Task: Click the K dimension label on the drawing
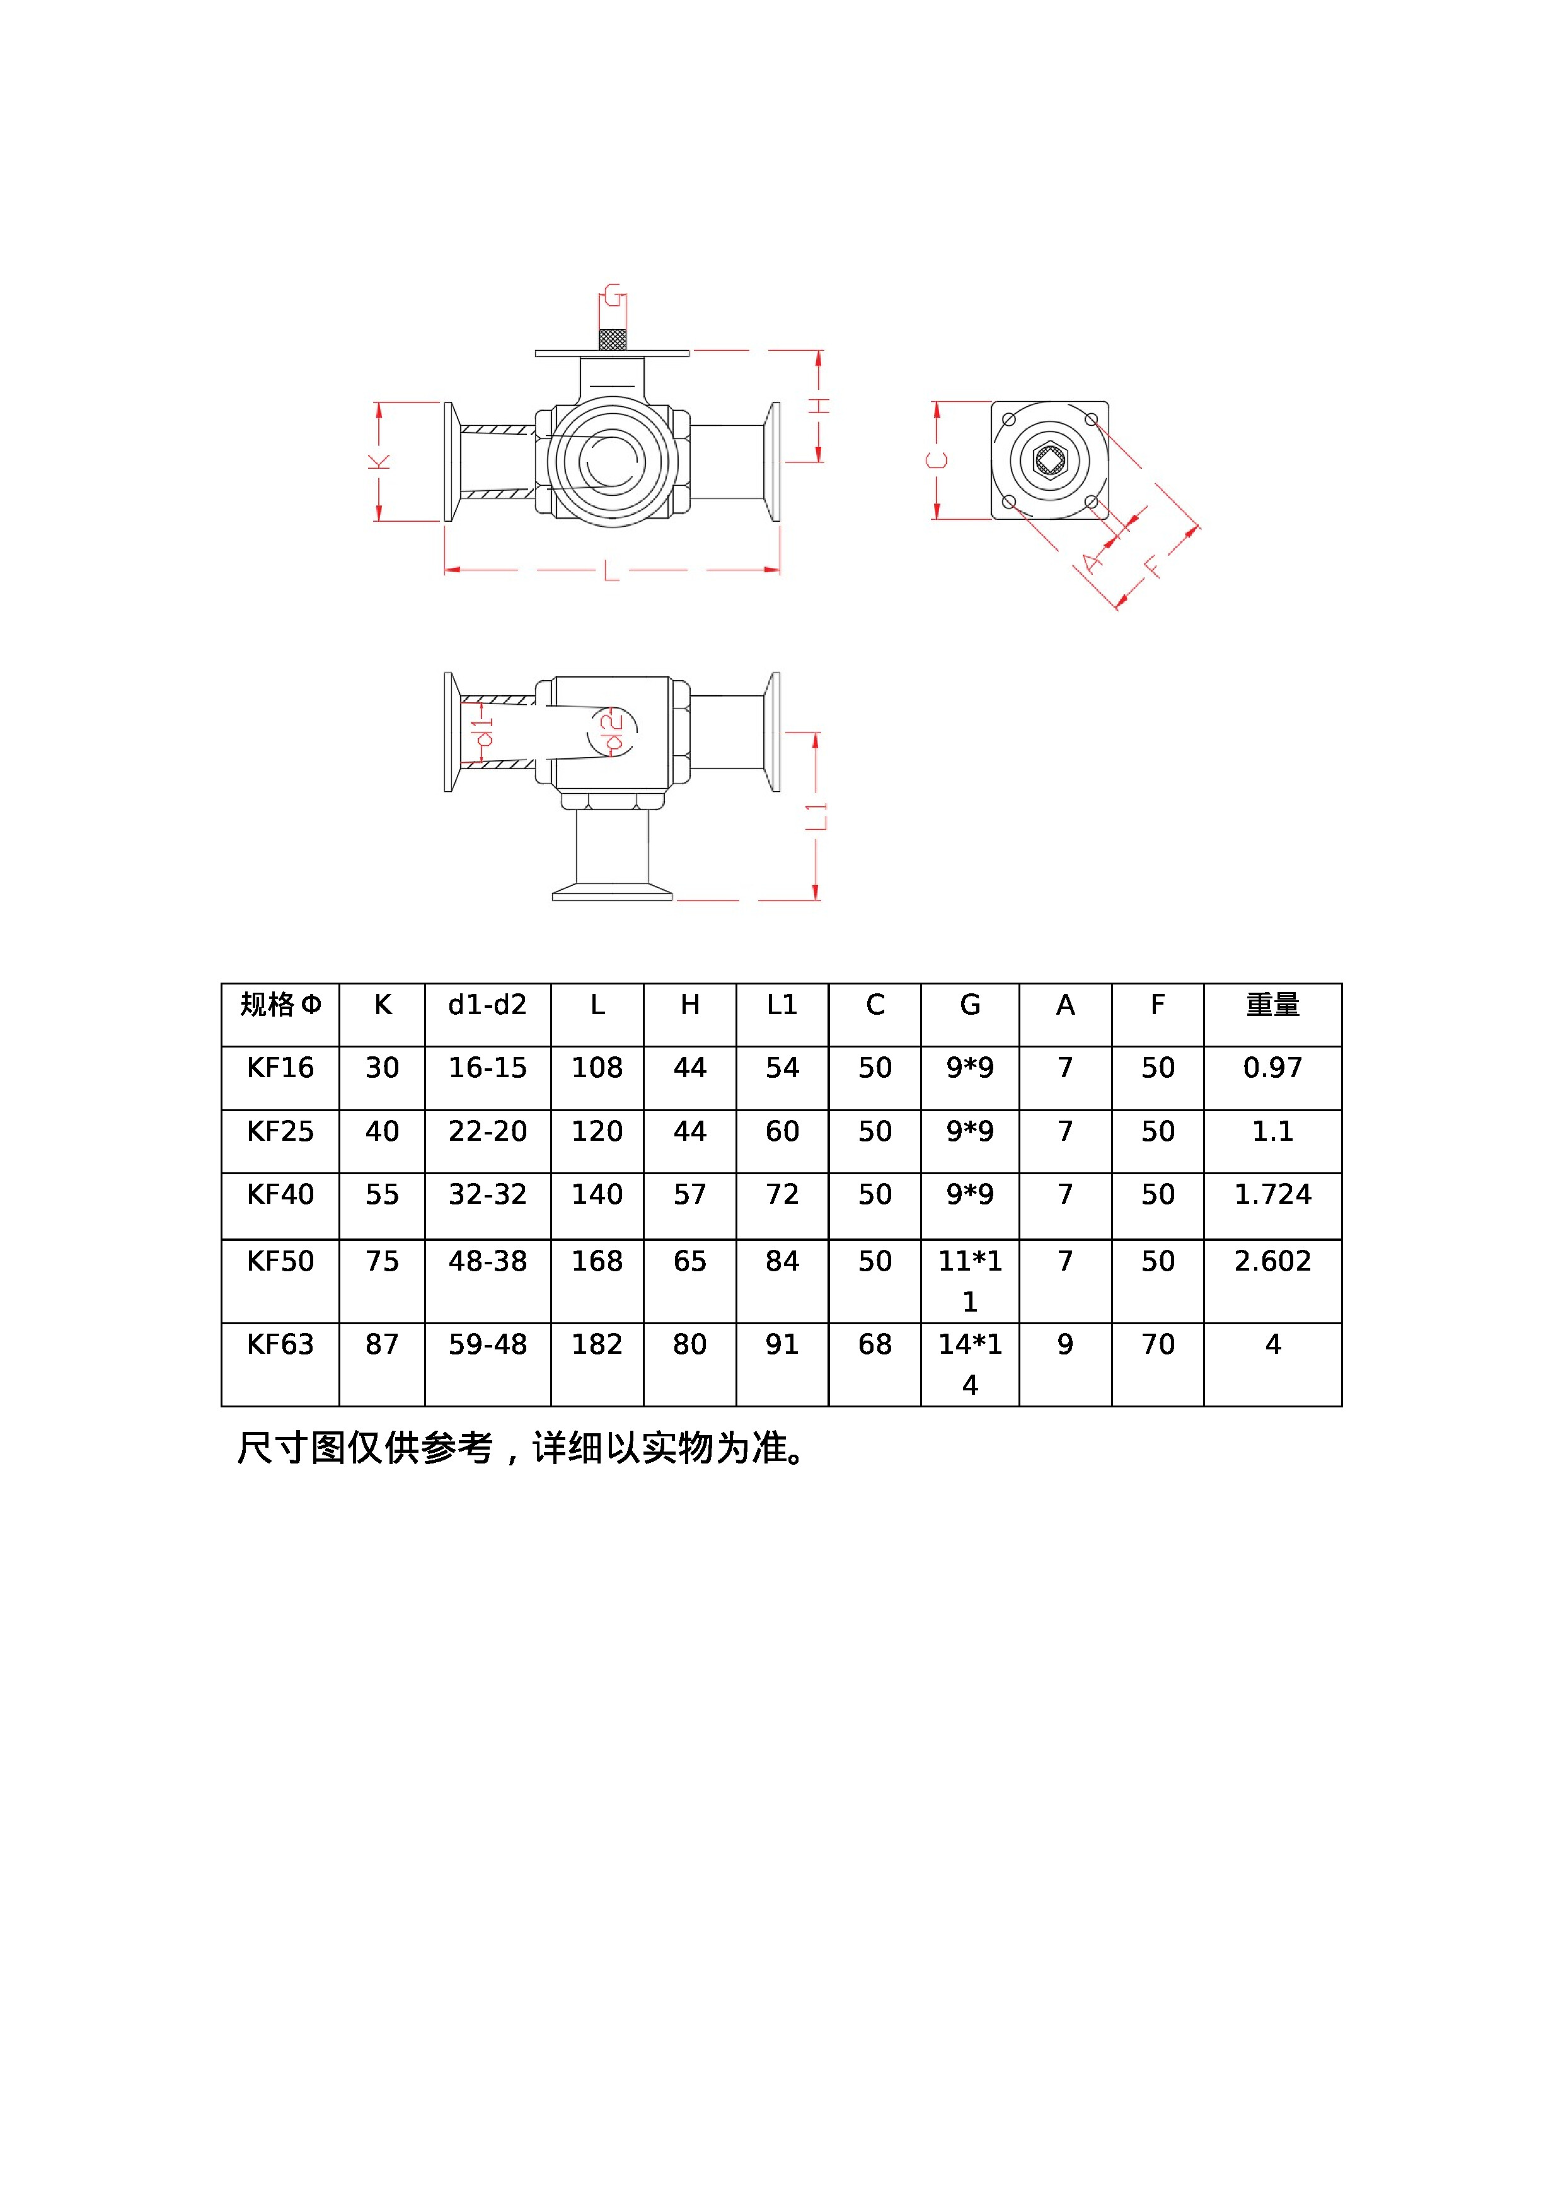381,462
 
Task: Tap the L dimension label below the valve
611,571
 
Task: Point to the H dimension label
819,405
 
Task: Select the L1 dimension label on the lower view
817,816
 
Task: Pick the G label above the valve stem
613,297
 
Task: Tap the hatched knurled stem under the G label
613,339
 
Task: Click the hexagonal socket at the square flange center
1049,459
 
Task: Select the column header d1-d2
487,1005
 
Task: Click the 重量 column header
1272,1005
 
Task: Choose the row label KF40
280,1194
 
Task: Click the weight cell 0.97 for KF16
1272,1067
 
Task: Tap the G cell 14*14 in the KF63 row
970,1363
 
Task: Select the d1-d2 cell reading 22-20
487,1131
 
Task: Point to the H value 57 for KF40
689,1194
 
